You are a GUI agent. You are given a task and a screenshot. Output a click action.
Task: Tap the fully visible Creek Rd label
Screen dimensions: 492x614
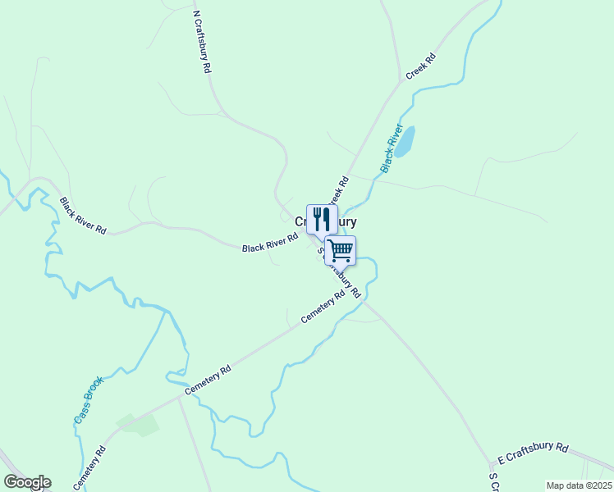[x=419, y=68]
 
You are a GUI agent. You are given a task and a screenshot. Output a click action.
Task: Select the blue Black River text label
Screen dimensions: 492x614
[x=392, y=148]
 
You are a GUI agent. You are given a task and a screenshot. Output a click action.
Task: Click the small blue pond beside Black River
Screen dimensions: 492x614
[x=405, y=141]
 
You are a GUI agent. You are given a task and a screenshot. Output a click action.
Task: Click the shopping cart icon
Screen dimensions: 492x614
[x=340, y=249]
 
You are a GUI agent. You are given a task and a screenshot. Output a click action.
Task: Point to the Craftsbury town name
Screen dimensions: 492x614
[x=326, y=221]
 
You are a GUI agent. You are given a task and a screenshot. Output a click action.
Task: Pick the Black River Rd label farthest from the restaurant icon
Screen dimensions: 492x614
[x=83, y=216]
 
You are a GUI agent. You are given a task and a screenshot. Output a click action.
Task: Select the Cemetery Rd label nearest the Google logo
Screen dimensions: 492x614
[x=90, y=467]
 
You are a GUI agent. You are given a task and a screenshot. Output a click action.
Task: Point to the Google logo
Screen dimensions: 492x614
[x=27, y=482]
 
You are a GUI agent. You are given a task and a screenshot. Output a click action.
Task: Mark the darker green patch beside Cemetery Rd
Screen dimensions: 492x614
[x=137, y=424]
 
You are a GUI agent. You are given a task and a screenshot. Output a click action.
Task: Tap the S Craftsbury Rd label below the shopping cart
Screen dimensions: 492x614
[x=343, y=275]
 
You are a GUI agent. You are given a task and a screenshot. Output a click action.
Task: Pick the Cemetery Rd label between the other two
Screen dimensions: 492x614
[x=208, y=381]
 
